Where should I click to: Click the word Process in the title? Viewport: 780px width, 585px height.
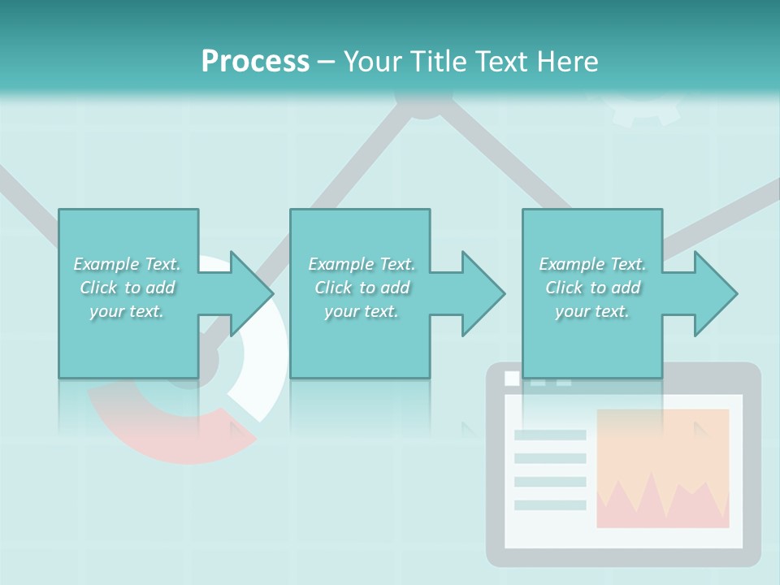click(x=255, y=62)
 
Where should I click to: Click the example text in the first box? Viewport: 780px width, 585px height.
click(x=127, y=288)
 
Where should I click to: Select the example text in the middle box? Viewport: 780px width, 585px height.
click(x=362, y=288)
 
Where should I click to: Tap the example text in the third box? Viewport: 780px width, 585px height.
click(x=592, y=288)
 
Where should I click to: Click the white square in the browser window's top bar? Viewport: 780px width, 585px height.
click(x=512, y=378)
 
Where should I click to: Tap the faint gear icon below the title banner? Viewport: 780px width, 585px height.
click(x=646, y=110)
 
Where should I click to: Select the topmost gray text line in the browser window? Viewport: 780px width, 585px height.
click(x=550, y=435)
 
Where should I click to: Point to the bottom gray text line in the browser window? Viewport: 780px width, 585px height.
click(x=550, y=505)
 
